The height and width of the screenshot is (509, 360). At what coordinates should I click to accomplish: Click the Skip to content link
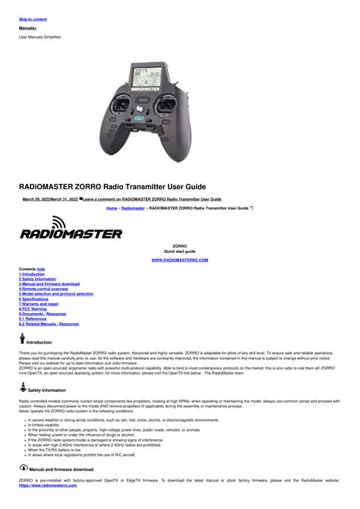coord(33,19)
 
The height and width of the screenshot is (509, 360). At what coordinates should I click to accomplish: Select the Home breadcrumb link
coord(112,207)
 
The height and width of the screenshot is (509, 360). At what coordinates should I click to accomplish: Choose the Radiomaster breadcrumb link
coord(133,207)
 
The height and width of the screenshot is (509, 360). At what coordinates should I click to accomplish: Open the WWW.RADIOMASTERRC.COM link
coord(180,260)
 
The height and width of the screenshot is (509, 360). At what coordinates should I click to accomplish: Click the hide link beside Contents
coord(41,269)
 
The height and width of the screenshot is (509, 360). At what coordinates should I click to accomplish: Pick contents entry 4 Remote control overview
coord(43,289)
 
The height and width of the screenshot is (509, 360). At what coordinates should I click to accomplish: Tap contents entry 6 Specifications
coord(36,299)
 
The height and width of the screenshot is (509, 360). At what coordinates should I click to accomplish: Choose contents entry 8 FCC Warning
coord(33,309)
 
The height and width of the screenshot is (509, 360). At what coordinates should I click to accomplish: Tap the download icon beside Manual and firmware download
coord(23,469)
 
